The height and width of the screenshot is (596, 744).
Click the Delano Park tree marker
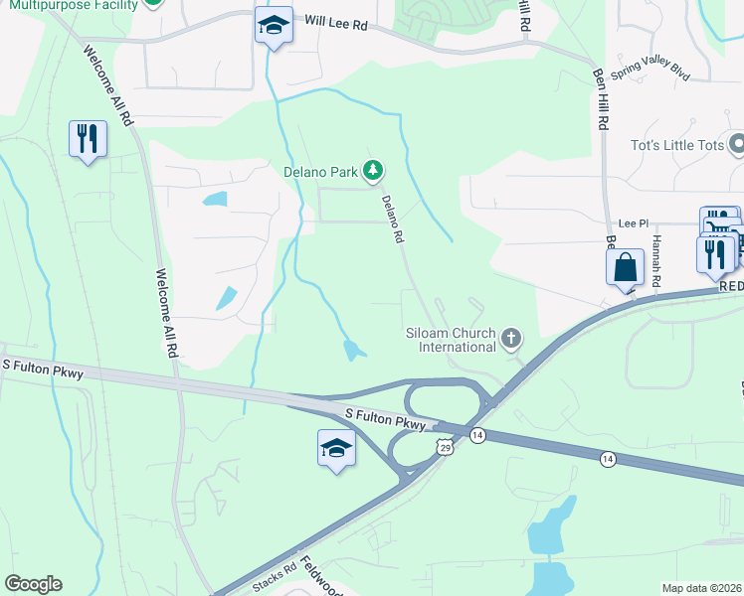(x=373, y=172)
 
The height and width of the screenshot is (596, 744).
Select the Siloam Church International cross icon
(x=512, y=340)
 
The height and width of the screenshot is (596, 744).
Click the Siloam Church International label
(x=451, y=340)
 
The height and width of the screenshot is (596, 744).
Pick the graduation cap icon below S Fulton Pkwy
(x=336, y=448)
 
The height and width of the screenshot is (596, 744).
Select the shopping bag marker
(x=624, y=266)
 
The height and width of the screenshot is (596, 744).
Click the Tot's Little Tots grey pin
(x=737, y=145)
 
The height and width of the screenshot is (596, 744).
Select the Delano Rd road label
(x=393, y=219)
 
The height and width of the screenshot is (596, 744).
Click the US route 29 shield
(x=444, y=450)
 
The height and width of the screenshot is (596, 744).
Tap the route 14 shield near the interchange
(x=478, y=435)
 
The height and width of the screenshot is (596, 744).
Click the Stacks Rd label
(x=275, y=578)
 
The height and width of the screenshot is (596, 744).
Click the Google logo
(x=33, y=584)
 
